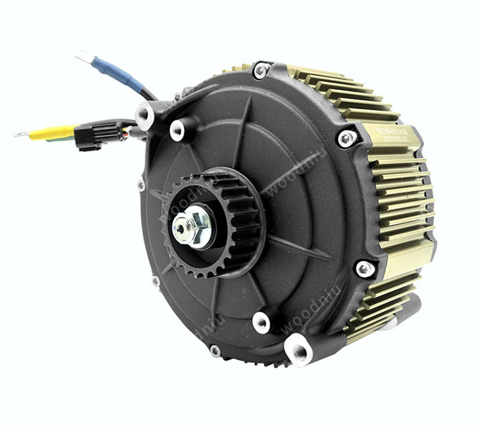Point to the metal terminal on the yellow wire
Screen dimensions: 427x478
click(22, 134)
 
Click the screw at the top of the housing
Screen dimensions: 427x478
click(260, 70)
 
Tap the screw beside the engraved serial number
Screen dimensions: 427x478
click(347, 137)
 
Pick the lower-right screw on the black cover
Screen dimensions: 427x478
click(365, 269)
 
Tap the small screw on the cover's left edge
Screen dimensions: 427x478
click(141, 186)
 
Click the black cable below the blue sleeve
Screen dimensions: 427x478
click(148, 95)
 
